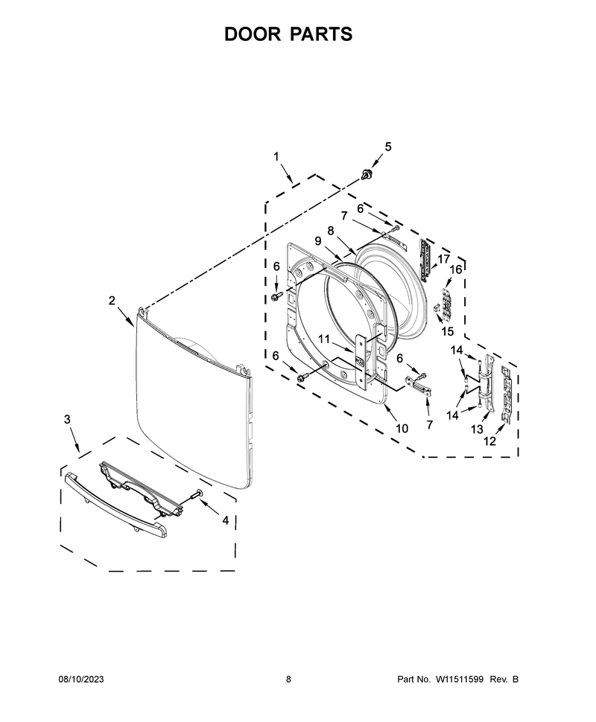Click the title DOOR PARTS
coord(288,34)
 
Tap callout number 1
coord(276,156)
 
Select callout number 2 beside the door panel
coord(112,300)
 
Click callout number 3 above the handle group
coord(67,419)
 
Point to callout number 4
coord(226,520)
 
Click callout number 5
coord(388,147)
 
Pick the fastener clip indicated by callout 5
coord(367,174)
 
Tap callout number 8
coord(331,231)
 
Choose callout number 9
coord(318,240)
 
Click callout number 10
coord(402,428)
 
